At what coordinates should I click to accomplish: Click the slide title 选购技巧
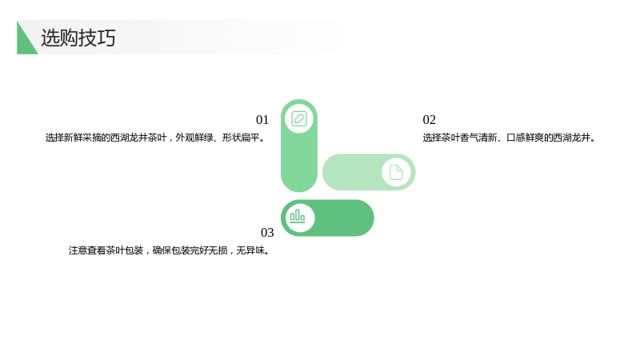[78, 38]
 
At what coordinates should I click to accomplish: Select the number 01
[262, 119]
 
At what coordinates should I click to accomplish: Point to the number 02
[430, 119]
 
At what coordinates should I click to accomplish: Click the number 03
[267, 232]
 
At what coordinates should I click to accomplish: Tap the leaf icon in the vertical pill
[299, 118]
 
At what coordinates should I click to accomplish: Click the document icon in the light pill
[396, 172]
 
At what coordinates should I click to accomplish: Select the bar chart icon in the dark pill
[298, 216]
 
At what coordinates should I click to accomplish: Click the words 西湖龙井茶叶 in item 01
[138, 138]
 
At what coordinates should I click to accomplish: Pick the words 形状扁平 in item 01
[241, 138]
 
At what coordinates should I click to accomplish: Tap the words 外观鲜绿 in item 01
[194, 138]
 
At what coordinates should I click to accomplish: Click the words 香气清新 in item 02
[478, 138]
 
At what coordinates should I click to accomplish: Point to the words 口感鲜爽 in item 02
[526, 138]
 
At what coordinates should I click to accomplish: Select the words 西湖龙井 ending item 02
[572, 138]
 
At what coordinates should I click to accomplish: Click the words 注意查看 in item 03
[87, 250]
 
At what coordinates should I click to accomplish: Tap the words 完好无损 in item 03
[209, 250]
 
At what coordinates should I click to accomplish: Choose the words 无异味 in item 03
[250, 250]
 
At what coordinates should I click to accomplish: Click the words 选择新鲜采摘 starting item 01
[73, 138]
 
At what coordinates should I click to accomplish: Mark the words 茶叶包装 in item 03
[125, 250]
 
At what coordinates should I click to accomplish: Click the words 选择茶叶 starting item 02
[442, 138]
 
